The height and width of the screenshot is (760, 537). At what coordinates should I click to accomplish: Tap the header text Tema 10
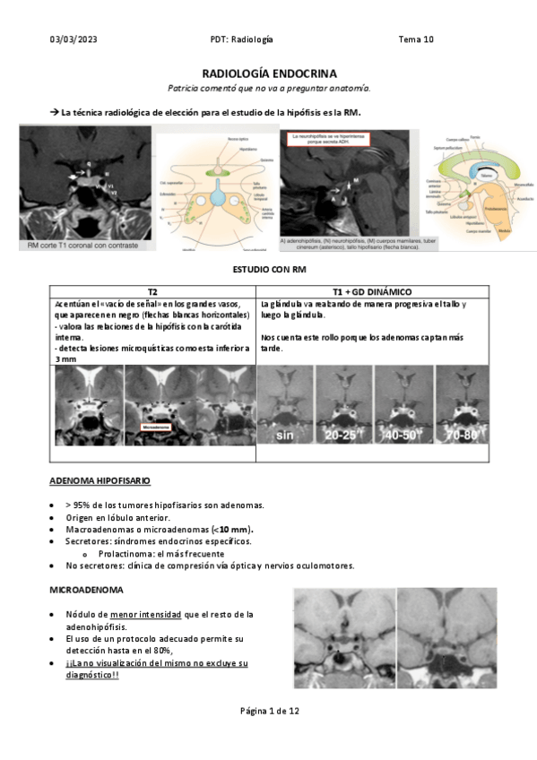tap(416, 39)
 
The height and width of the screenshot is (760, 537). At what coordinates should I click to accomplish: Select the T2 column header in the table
tap(153, 292)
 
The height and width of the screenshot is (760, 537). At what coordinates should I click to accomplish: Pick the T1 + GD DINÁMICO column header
tap(372, 292)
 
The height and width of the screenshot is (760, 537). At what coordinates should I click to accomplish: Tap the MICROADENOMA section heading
tap(86, 592)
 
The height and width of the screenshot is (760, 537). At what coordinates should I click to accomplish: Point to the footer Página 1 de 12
tap(269, 711)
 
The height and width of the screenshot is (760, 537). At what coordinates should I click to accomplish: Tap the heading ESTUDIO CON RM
tap(268, 270)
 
